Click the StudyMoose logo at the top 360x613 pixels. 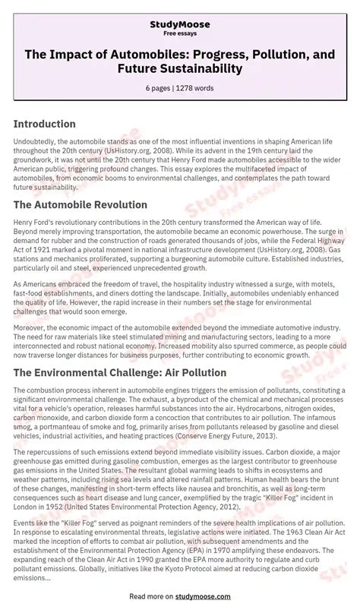tap(180, 24)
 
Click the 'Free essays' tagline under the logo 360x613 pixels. tap(180, 34)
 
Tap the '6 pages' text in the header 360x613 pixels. tap(159, 88)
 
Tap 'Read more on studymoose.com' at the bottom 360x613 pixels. tap(180, 597)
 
